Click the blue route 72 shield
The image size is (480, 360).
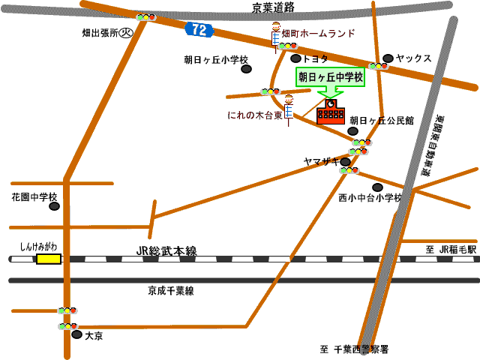(x=199, y=30)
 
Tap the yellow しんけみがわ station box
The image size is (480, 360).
(x=49, y=259)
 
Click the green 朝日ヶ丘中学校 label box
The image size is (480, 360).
(x=330, y=76)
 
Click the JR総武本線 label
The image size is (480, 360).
(x=166, y=252)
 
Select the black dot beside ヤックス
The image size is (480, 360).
(x=388, y=58)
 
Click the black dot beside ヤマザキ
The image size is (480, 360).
(x=345, y=161)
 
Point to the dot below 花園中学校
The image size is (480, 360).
(x=54, y=206)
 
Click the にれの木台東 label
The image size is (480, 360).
(x=255, y=116)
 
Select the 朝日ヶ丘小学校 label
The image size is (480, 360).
(x=216, y=59)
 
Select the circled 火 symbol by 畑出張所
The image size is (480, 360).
(x=127, y=33)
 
